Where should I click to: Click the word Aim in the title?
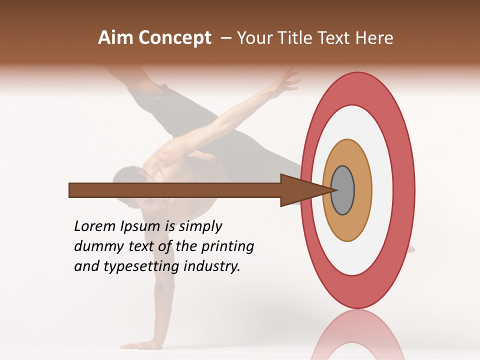pyautogui.click(x=116, y=38)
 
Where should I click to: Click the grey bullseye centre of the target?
pyautogui.click(x=342, y=190)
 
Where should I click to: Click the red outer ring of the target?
pyautogui.click(x=404, y=190)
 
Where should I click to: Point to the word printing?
pyautogui.click(x=227, y=247)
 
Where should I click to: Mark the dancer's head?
pyautogui.click(x=127, y=182)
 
